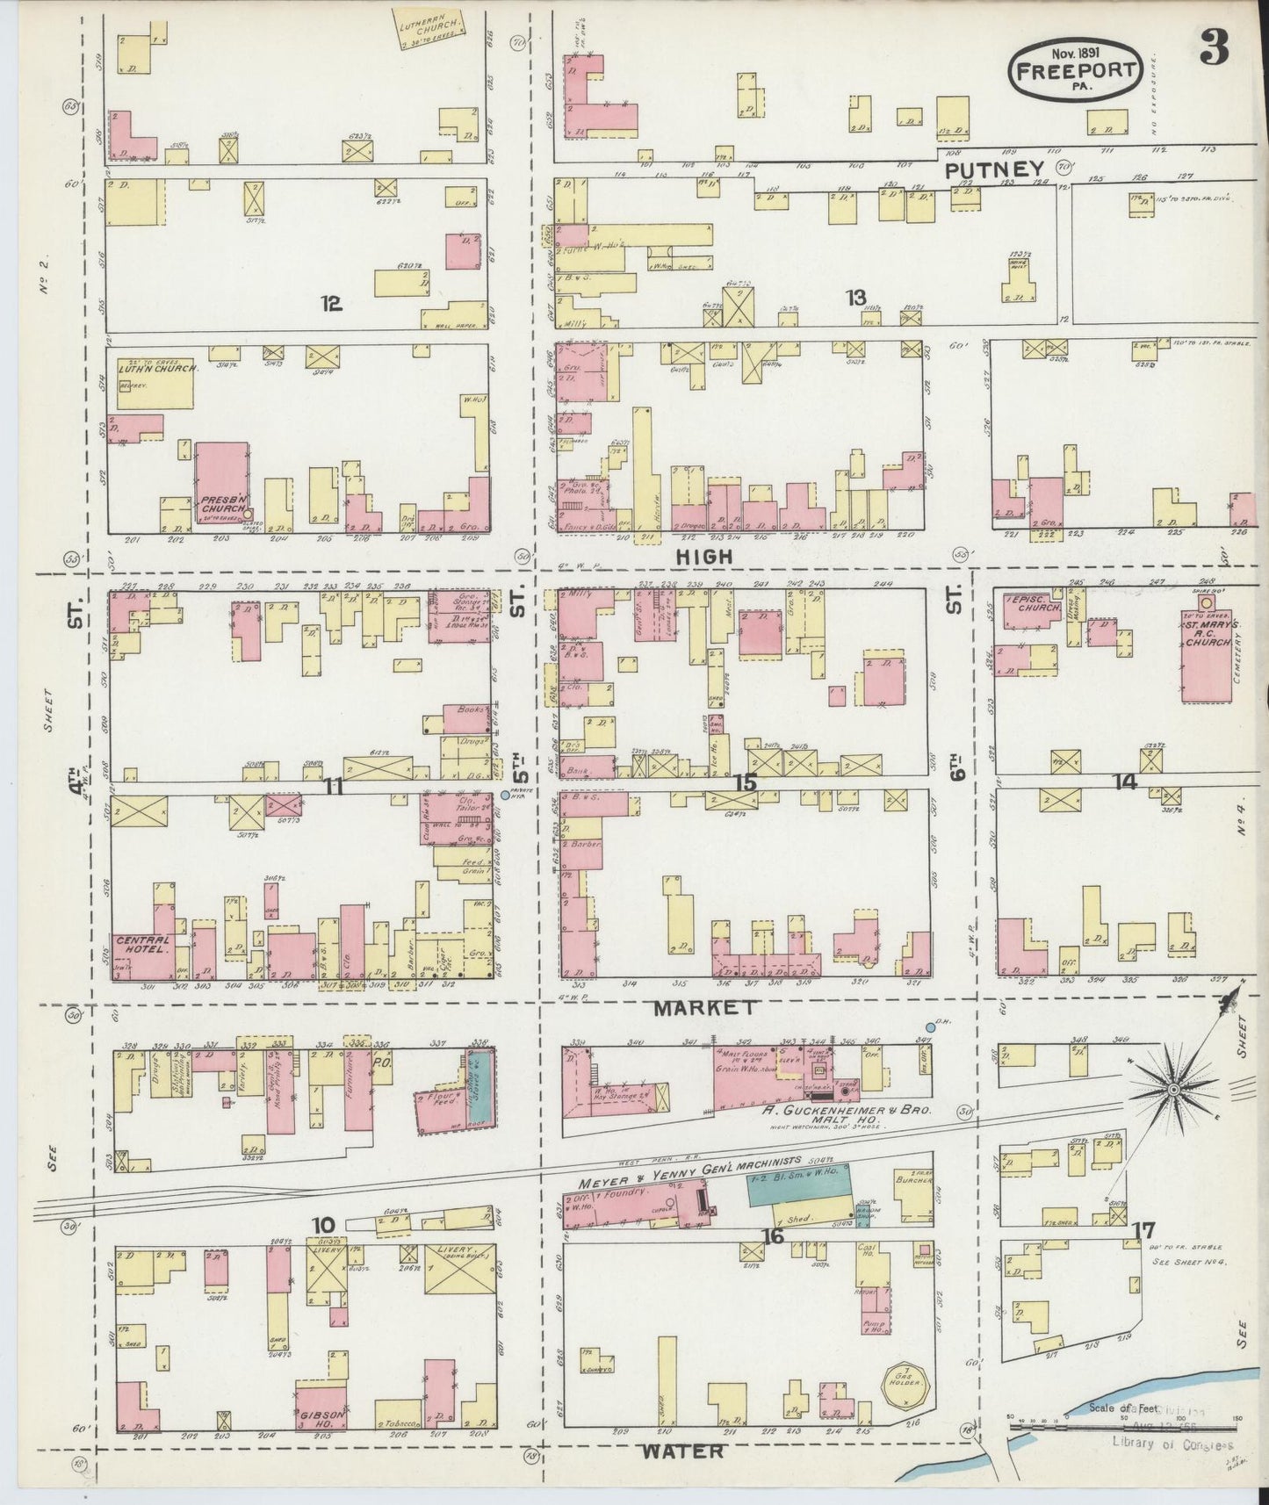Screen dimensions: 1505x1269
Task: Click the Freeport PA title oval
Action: [x=1077, y=68]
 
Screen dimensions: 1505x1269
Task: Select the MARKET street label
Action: [x=703, y=1008]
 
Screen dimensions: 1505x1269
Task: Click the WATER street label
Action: [x=682, y=1451]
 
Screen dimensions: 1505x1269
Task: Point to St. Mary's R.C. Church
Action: [x=1208, y=650]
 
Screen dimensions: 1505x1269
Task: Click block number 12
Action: [x=330, y=304]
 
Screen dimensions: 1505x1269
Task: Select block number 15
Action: [x=745, y=781]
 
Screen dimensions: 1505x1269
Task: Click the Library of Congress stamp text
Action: [x=1172, y=1444]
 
